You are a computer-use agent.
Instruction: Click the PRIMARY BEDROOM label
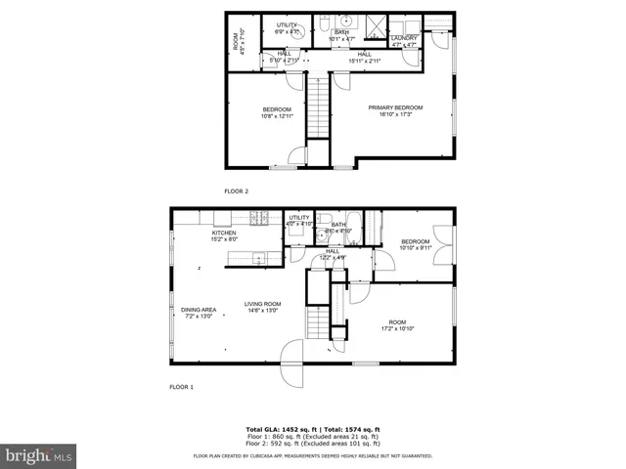395,107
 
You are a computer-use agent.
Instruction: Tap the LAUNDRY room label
403,38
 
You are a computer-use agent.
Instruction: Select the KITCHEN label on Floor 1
225,234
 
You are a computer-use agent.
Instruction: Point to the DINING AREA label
198,310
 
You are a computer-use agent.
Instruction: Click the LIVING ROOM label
262,304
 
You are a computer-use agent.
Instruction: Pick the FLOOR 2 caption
236,192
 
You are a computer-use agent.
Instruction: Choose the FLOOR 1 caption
181,387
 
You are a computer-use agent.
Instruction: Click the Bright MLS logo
39,455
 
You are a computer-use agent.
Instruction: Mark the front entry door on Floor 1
292,364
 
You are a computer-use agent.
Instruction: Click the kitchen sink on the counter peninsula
258,258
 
